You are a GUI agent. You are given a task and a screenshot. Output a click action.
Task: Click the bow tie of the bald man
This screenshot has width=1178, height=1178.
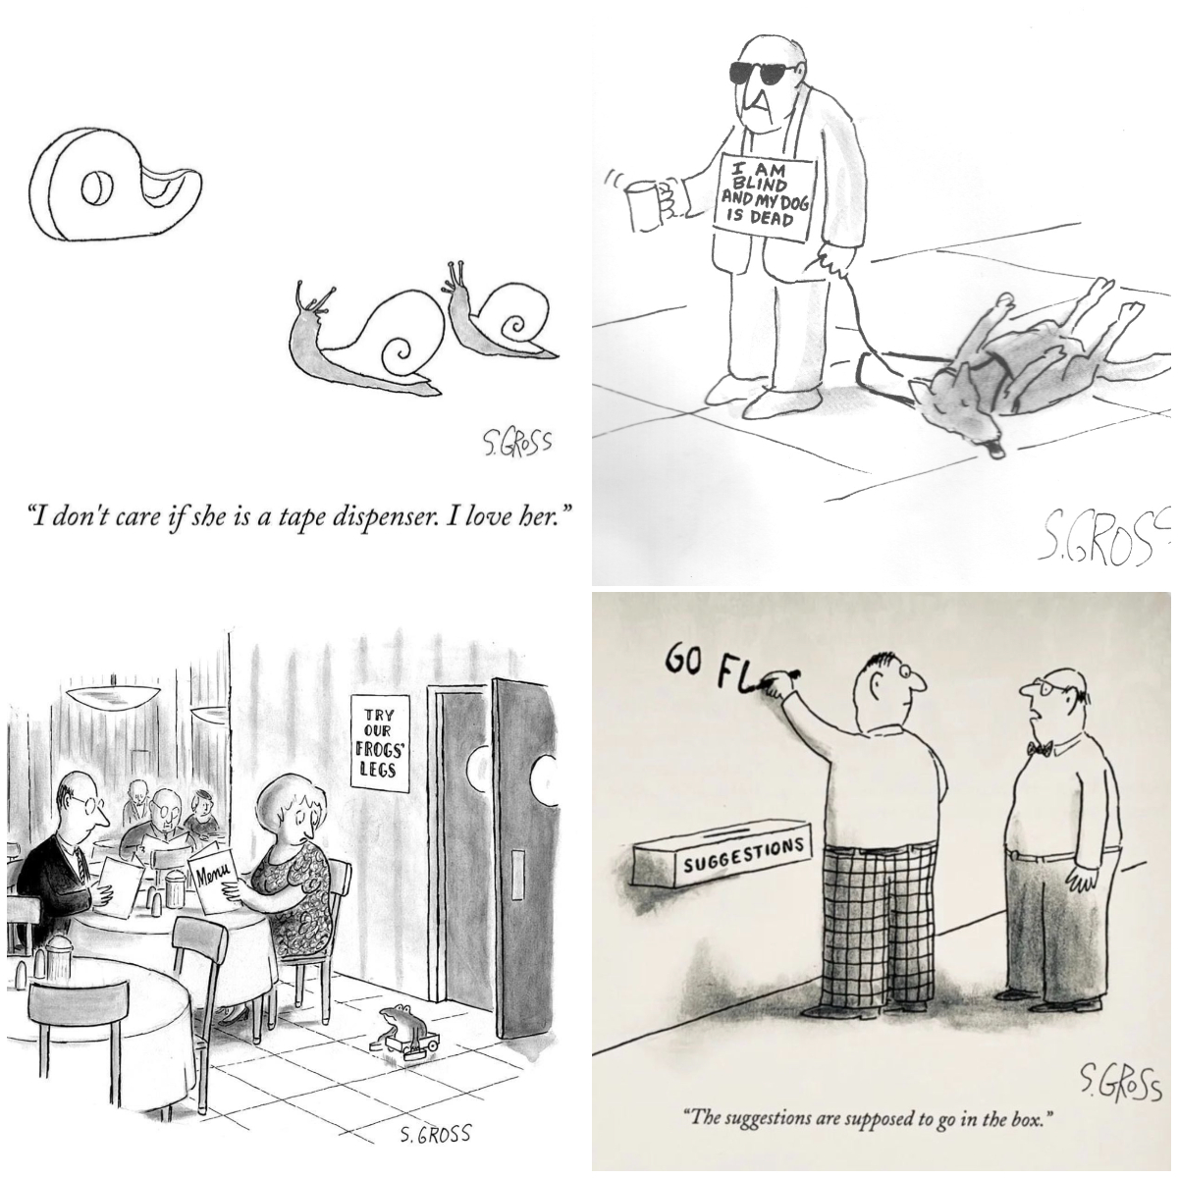click(x=1041, y=750)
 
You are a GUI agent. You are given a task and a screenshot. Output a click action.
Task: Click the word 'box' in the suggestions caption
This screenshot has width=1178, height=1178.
click(x=1033, y=1117)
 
